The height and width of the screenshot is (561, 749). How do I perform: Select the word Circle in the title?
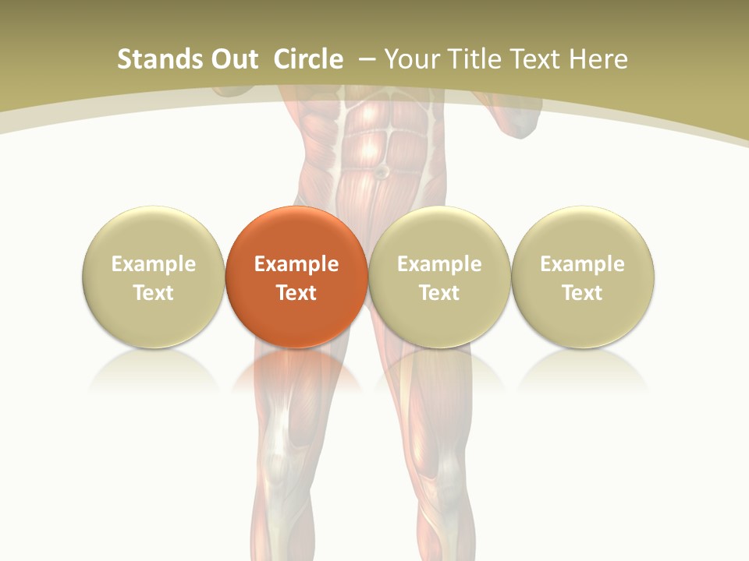click(x=308, y=59)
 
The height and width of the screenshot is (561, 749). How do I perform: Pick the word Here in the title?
click(x=598, y=59)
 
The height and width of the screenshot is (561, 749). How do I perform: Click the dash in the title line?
click(x=365, y=59)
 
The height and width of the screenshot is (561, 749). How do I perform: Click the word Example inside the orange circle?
click(x=296, y=264)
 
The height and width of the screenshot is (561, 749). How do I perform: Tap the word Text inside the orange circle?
click(x=296, y=293)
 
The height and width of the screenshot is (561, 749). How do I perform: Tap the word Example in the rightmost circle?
click(x=582, y=264)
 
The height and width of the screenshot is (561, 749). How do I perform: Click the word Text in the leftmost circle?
click(x=153, y=293)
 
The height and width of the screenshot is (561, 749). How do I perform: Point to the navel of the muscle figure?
click(x=382, y=170)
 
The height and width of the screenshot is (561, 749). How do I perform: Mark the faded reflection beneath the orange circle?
click(x=296, y=370)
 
